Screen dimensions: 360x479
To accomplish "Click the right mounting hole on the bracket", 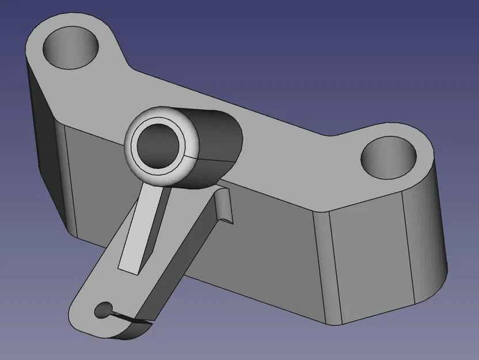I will coord(390,157).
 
